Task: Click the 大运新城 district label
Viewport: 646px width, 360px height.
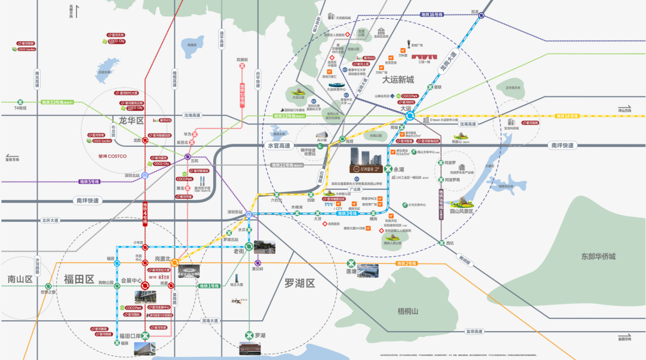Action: [x=398, y=80]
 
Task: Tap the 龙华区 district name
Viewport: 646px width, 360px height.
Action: [x=132, y=121]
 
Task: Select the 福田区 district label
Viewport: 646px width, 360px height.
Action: [x=79, y=279]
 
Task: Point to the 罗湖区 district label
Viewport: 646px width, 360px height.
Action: [x=299, y=282]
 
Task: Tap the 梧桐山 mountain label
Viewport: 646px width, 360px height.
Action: [x=408, y=312]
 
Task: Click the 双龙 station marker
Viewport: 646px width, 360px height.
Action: [x=481, y=15]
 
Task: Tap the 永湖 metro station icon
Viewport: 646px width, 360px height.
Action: [x=389, y=169]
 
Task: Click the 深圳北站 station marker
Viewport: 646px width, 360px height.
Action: [x=145, y=175]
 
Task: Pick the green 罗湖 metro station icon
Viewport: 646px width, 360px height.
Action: [x=249, y=335]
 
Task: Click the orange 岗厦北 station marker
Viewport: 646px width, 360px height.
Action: [x=174, y=263]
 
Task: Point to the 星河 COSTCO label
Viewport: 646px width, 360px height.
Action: [x=112, y=156]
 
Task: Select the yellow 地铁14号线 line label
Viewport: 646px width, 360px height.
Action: [x=567, y=116]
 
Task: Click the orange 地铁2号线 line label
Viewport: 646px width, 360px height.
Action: [x=407, y=264]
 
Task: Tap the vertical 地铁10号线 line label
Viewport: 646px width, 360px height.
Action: [x=242, y=95]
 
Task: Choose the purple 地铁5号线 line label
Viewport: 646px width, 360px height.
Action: [x=89, y=181]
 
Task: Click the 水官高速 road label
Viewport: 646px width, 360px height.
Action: [x=280, y=146]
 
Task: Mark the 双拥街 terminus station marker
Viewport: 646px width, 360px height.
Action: [x=242, y=66]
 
